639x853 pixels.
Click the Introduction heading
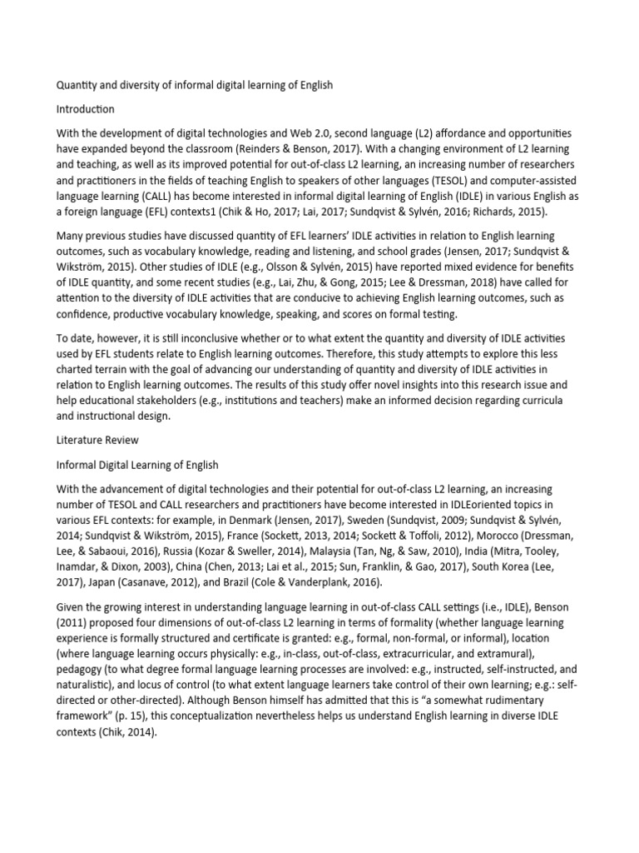(85, 109)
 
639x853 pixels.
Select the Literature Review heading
(97, 439)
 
